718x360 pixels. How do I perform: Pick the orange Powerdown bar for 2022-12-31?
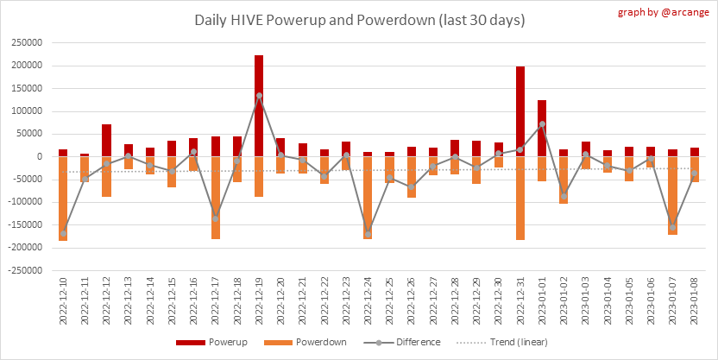[x=520, y=198]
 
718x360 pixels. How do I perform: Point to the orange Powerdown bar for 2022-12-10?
[x=63, y=198]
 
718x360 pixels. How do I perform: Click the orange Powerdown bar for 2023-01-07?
[x=672, y=195]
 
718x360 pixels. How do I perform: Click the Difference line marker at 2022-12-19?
[x=259, y=96]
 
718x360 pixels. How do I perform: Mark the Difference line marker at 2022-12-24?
[x=368, y=234]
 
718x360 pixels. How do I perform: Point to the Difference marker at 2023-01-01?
[x=542, y=124]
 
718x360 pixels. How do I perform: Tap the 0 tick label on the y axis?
[x=39, y=156]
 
